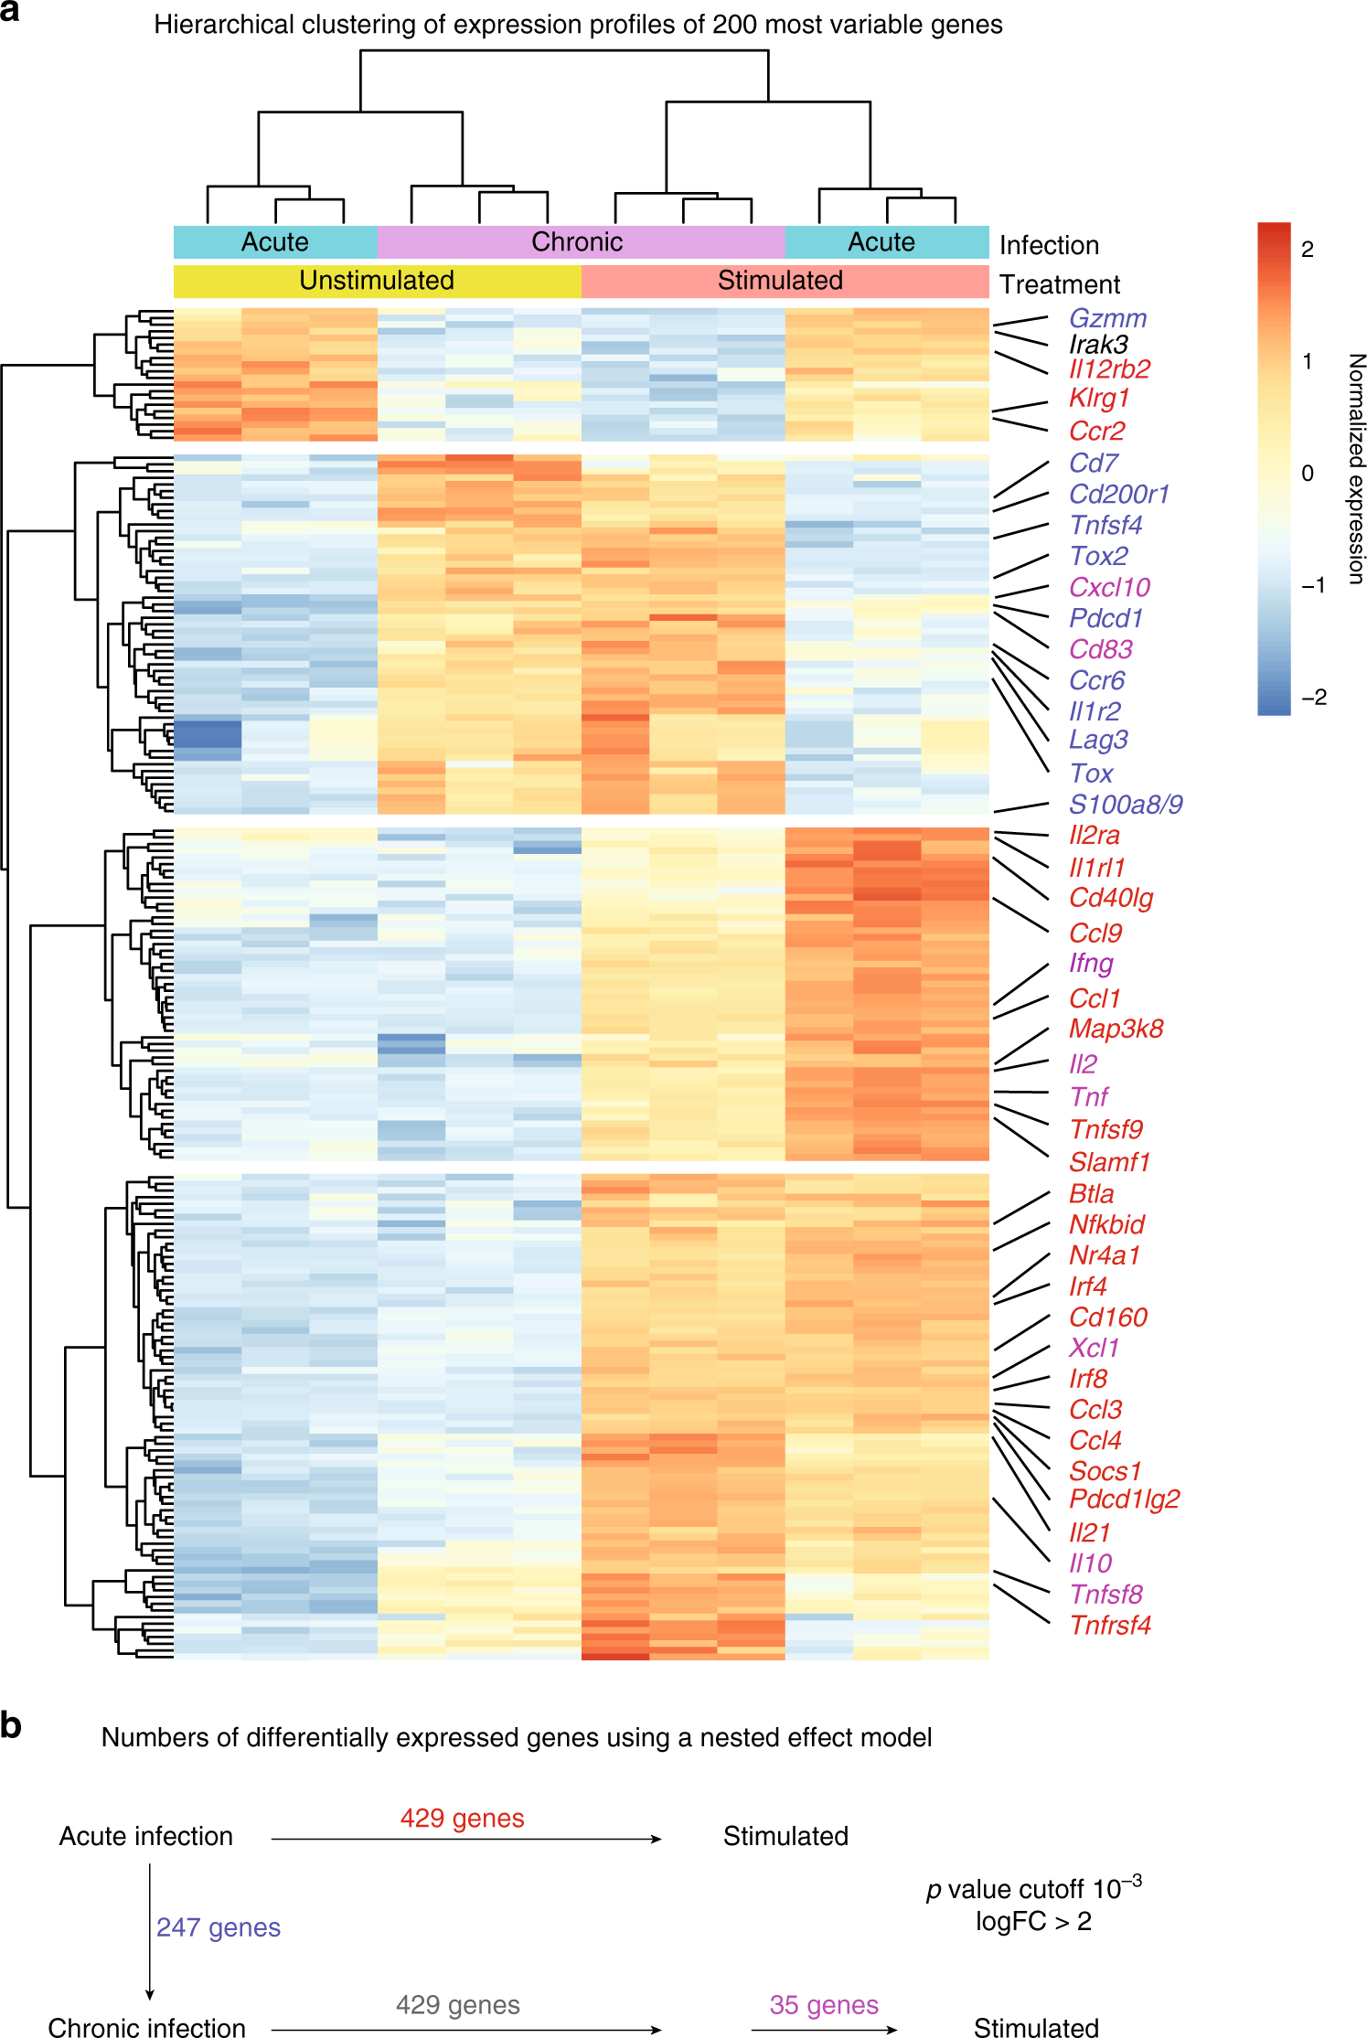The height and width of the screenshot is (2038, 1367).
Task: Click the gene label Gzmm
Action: click(1107, 318)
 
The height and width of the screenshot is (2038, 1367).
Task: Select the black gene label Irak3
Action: click(1098, 344)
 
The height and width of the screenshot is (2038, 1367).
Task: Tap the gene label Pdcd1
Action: click(1105, 618)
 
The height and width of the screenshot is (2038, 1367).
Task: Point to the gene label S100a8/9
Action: click(1126, 805)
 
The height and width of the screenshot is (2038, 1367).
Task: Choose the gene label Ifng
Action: click(1091, 963)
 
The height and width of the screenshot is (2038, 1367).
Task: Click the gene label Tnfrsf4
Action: click(1110, 1625)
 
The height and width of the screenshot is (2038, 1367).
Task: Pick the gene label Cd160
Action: click(1108, 1317)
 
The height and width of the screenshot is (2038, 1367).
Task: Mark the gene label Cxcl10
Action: click(1109, 587)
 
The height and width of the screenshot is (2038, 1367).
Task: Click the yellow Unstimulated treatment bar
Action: click(377, 281)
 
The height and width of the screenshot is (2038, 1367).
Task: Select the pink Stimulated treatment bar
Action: click(780, 281)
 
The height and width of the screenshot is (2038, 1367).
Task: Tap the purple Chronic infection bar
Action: click(577, 242)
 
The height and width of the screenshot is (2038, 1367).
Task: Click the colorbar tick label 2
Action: click(1308, 250)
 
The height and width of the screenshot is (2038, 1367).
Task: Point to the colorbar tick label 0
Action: click(1308, 474)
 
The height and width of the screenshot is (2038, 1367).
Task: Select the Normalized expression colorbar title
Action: click(1356, 469)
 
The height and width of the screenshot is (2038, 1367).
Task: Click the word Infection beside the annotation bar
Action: click(1049, 245)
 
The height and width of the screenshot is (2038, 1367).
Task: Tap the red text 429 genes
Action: click(462, 1818)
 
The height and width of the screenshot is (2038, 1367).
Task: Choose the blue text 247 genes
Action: click(219, 1927)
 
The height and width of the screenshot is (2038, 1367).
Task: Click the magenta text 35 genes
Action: click(824, 2005)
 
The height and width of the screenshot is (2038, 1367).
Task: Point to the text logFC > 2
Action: click(1033, 1921)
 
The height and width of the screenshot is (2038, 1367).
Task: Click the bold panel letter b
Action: click(11, 1725)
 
